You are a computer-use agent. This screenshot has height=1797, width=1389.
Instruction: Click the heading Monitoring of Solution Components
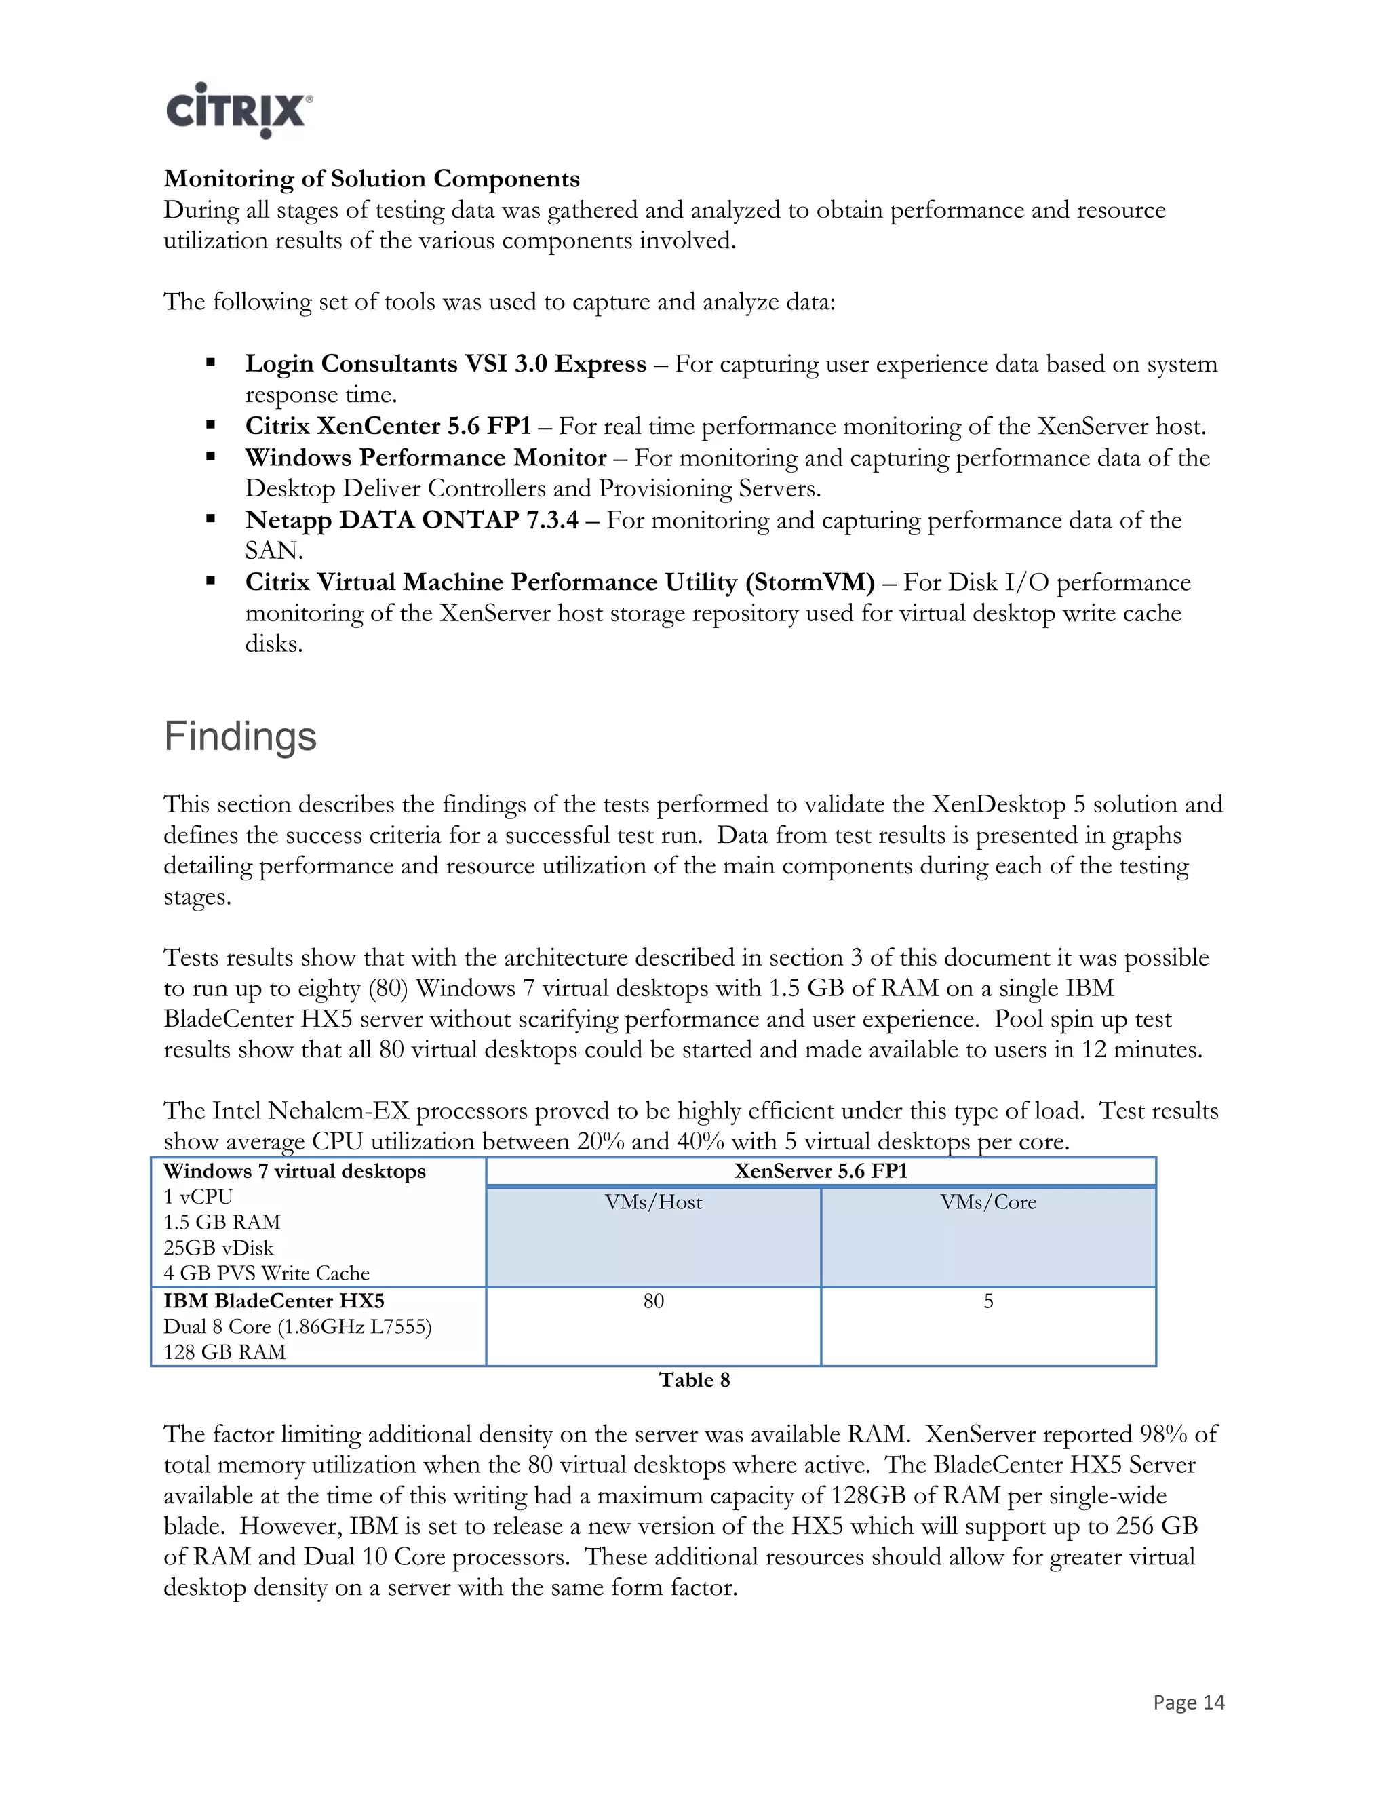click(x=371, y=178)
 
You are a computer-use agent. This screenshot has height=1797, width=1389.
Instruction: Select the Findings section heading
click(x=239, y=736)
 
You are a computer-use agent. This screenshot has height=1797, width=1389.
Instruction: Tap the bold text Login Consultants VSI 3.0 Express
click(x=445, y=363)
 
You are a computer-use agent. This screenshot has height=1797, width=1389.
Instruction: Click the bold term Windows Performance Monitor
click(x=425, y=458)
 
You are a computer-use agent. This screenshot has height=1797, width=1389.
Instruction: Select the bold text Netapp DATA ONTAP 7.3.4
click(x=412, y=520)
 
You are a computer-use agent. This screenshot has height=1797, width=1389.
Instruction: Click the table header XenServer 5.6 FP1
click(x=821, y=1171)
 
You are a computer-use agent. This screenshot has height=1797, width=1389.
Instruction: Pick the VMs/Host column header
click(x=653, y=1202)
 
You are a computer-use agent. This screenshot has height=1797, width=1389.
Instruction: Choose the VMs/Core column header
click(x=988, y=1202)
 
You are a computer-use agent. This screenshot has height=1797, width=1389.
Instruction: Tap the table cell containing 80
click(x=653, y=1301)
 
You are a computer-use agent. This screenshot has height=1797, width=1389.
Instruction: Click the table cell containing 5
click(x=988, y=1301)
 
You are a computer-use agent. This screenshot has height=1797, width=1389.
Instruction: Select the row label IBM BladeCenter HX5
click(x=274, y=1301)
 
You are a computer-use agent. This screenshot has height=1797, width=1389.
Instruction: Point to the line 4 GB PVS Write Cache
click(x=267, y=1273)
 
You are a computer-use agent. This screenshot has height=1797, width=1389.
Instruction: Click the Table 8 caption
click(x=694, y=1380)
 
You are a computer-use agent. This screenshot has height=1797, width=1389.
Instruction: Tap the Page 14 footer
click(x=1188, y=1702)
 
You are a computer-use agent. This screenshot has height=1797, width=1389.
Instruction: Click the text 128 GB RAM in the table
click(x=224, y=1352)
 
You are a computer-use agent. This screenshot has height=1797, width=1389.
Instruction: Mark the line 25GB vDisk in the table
click(x=218, y=1247)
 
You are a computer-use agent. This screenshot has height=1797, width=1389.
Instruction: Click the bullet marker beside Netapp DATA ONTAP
click(x=211, y=519)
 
